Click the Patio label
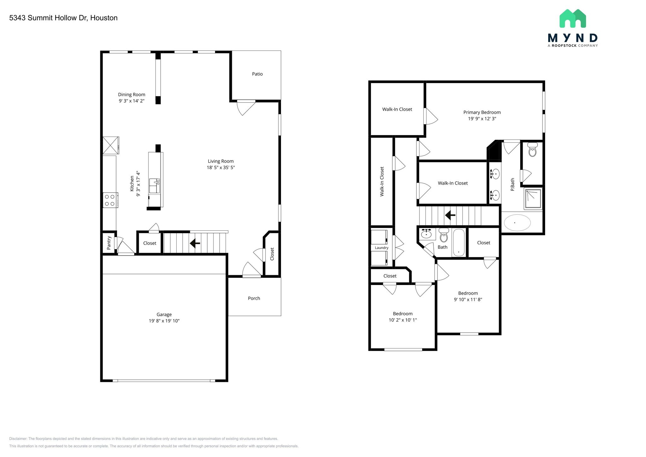257,74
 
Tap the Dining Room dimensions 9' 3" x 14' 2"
132,101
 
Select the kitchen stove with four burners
110,200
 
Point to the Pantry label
109,243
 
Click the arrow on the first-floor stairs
195,243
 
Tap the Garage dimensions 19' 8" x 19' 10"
164,321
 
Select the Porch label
254,298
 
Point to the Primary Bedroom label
482,112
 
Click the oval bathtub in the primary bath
517,223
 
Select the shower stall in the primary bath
533,199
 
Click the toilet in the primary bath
532,150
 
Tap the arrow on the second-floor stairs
450,216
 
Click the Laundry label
381,248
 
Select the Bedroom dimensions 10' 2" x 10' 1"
402,320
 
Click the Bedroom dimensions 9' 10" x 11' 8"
468,300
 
